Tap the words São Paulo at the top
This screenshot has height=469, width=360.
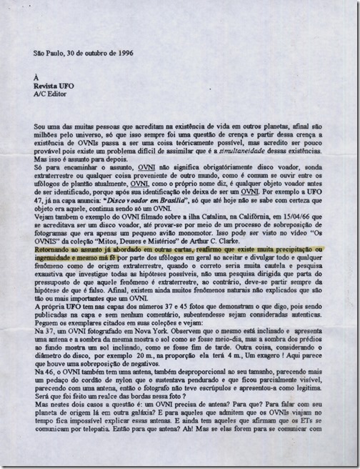[x=49, y=54]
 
